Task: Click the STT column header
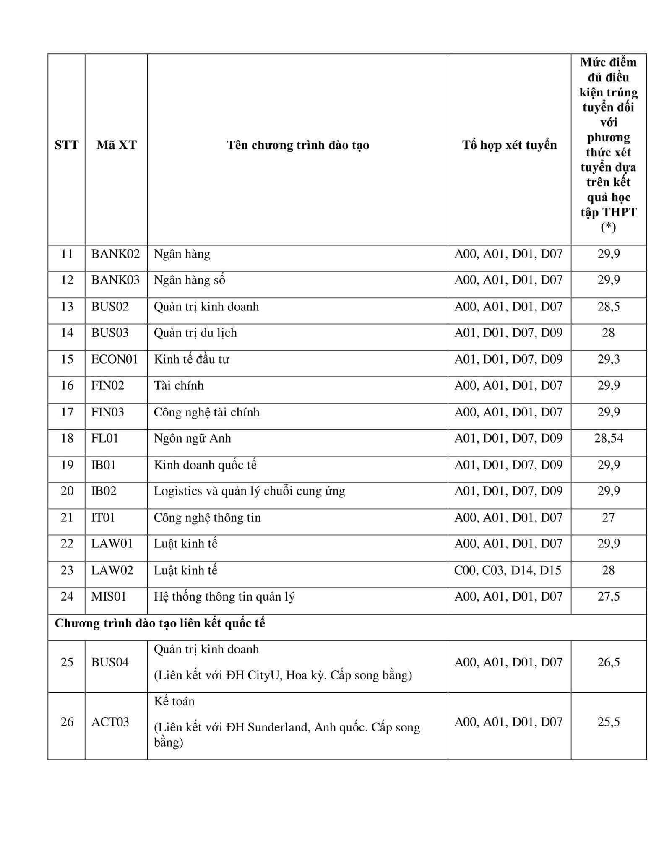point(67,145)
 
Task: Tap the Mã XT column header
point(116,145)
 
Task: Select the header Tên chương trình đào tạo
point(298,145)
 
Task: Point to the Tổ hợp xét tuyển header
point(509,145)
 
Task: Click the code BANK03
point(115,280)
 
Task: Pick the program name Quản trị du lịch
point(195,333)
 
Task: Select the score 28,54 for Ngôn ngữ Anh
point(608,438)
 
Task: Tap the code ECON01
point(115,359)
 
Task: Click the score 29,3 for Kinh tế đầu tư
point(608,359)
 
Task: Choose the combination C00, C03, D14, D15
point(508,570)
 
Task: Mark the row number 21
point(67,518)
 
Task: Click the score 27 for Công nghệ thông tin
point(608,518)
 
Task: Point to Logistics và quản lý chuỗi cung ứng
point(249,491)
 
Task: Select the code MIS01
point(109,596)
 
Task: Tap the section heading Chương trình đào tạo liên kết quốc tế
point(160,623)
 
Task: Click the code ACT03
point(110,722)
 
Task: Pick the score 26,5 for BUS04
point(608,662)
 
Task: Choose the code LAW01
point(112,544)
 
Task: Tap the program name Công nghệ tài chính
point(206,412)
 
